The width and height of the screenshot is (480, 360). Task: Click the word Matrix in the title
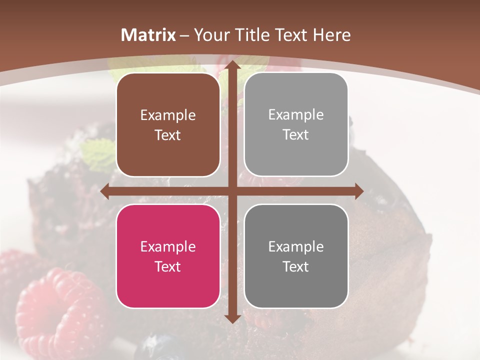pyautogui.click(x=148, y=35)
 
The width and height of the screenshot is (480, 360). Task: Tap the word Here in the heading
pyautogui.click(x=332, y=35)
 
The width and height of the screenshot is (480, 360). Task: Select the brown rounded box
pyautogui.click(x=168, y=125)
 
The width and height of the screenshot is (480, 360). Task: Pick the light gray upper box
pyautogui.click(x=296, y=125)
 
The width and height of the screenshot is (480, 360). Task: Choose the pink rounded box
pyautogui.click(x=168, y=256)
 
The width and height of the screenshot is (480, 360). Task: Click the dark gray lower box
pyautogui.click(x=296, y=256)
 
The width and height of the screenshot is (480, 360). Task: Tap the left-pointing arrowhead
pyautogui.click(x=105, y=191)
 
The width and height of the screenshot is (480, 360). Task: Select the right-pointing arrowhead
pyautogui.click(x=358, y=191)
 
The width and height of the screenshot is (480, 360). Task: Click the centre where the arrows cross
pyautogui.click(x=232, y=191)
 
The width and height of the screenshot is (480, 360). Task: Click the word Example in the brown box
pyautogui.click(x=168, y=115)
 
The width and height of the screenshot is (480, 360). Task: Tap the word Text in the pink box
pyautogui.click(x=168, y=266)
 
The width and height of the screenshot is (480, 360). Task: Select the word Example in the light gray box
pyautogui.click(x=296, y=114)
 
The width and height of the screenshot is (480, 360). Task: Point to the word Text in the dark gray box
pyautogui.click(x=296, y=266)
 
